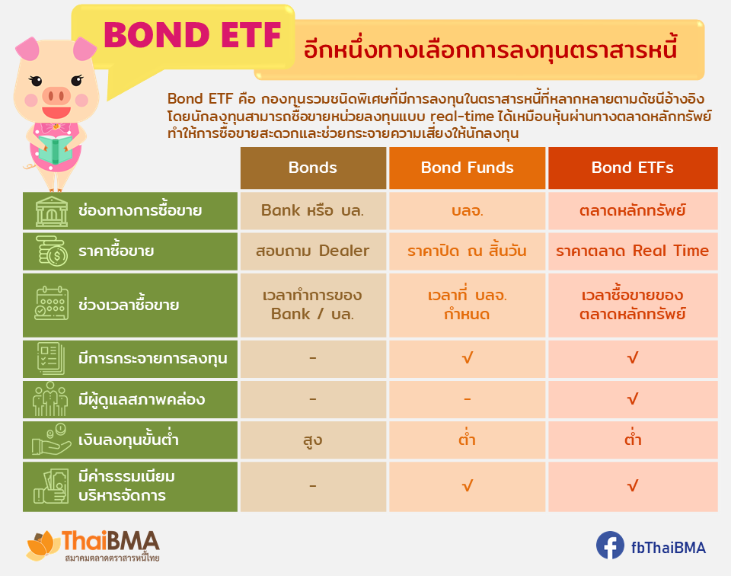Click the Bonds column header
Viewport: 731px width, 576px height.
pyautogui.click(x=313, y=168)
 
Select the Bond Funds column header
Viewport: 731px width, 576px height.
pyautogui.click(x=467, y=168)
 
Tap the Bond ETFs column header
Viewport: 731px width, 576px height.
pyautogui.click(x=633, y=168)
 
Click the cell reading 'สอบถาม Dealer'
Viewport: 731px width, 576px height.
pyautogui.click(x=313, y=251)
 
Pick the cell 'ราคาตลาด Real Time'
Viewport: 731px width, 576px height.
pyautogui.click(x=633, y=251)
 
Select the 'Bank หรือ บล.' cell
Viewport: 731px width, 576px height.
pyautogui.click(x=313, y=210)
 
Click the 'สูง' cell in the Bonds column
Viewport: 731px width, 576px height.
pyautogui.click(x=313, y=440)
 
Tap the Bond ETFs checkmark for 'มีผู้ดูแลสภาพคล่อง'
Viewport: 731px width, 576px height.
pyautogui.click(x=633, y=398)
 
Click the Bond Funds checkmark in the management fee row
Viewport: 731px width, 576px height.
pyautogui.click(x=467, y=486)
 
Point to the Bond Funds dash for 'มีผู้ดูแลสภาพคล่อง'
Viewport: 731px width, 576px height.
pyautogui.click(x=467, y=399)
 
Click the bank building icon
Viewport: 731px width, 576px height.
pyautogui.click(x=52, y=211)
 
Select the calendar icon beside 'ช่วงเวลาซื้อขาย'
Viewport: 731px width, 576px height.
pyautogui.click(x=51, y=304)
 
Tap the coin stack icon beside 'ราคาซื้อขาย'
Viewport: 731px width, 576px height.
pyautogui.click(x=51, y=251)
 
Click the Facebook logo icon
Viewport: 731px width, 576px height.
pyautogui.click(x=610, y=545)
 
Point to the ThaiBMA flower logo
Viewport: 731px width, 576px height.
pyautogui.click(x=43, y=546)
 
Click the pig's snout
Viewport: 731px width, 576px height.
pyautogui.click(x=56, y=97)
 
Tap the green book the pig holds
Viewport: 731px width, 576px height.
pyautogui.click(x=55, y=149)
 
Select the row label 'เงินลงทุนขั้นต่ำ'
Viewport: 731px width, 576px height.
pyautogui.click(x=129, y=440)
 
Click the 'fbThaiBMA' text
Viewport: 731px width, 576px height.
pyautogui.click(x=668, y=548)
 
